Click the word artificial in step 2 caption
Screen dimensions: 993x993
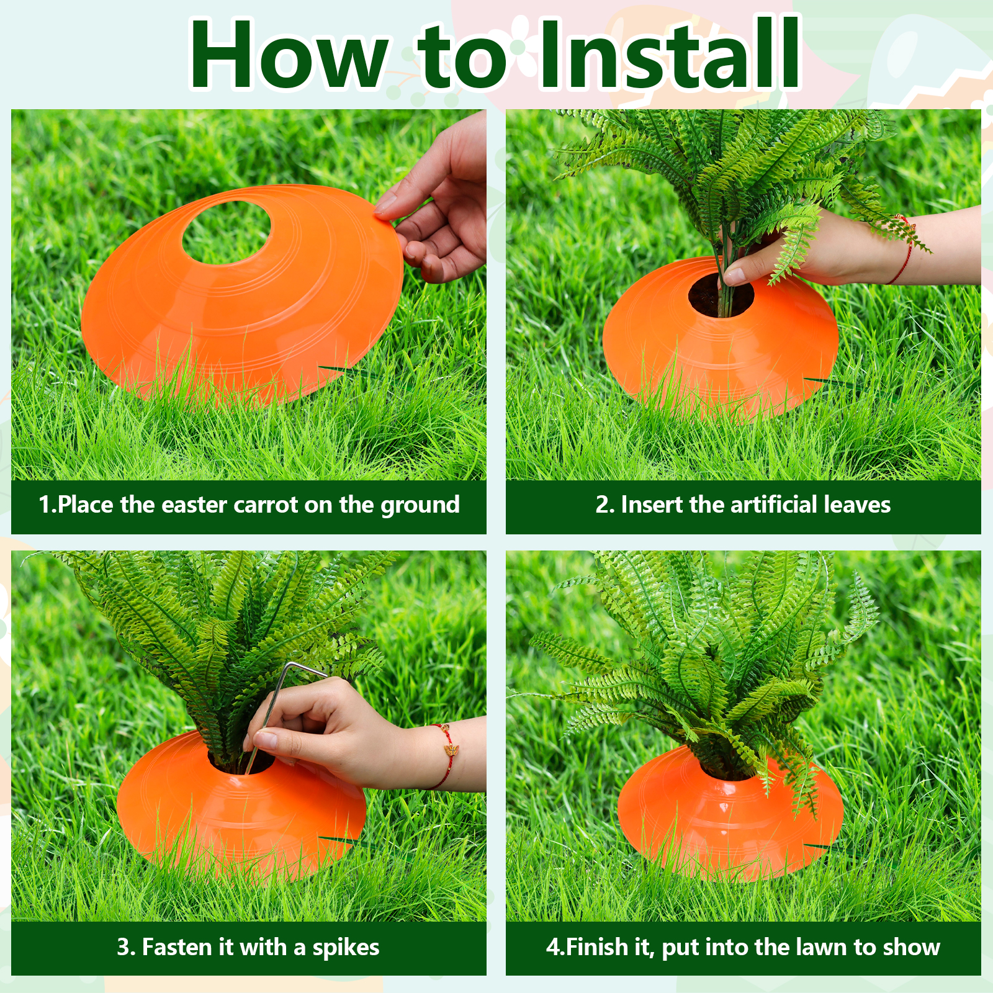click(774, 504)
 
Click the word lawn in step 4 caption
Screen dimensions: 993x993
click(819, 947)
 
